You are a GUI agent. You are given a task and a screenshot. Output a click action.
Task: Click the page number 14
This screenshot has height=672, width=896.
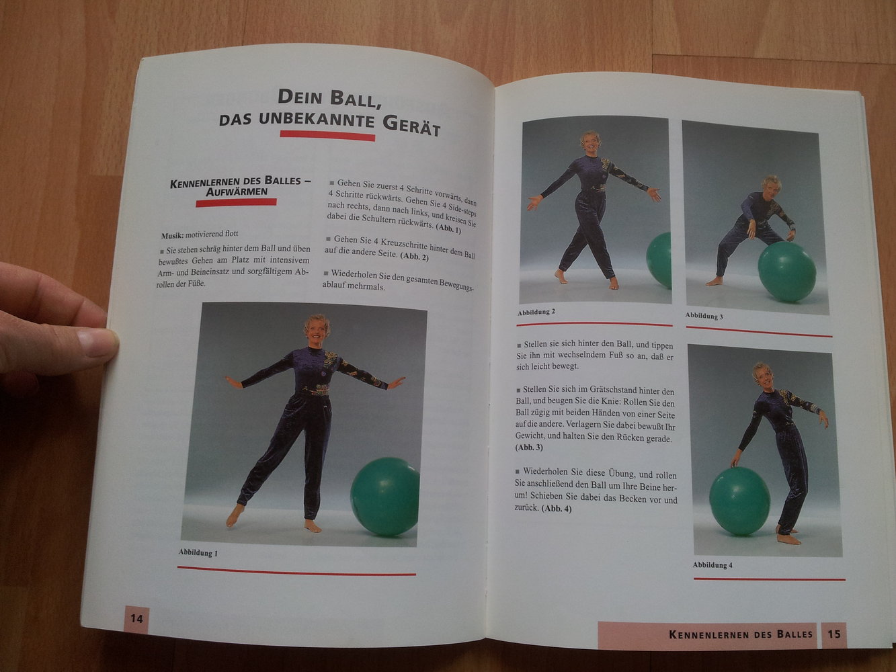coord(136,618)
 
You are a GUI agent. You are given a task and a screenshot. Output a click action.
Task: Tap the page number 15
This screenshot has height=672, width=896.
coord(833,634)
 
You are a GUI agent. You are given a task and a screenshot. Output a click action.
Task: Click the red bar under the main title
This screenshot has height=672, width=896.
coord(327,135)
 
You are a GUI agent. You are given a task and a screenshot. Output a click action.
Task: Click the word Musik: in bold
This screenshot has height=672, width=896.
coord(172,236)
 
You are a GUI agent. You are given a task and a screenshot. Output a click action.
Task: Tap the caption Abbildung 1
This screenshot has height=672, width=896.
coord(198,552)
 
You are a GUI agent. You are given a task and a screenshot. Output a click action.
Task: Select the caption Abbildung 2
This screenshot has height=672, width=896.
coord(536,312)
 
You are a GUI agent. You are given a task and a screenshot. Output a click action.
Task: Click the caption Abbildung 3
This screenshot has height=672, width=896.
coord(704,315)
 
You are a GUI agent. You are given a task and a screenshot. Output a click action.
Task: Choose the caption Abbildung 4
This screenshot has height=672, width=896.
coord(712,565)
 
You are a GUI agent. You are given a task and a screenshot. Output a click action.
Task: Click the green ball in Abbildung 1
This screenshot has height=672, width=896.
coord(384,496)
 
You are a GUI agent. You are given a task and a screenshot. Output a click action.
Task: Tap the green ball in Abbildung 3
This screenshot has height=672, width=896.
coord(786,271)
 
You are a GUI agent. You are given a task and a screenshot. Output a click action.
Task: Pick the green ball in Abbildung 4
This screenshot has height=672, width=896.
coord(739,501)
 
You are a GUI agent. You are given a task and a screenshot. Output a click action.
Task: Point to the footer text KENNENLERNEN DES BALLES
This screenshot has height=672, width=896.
coord(741,634)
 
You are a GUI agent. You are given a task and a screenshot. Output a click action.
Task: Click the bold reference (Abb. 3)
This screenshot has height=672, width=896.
coord(529,448)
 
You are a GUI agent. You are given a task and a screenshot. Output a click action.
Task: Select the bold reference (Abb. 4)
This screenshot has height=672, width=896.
coord(557,509)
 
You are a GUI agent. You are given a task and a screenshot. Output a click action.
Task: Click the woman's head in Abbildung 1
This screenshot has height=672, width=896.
coord(317,329)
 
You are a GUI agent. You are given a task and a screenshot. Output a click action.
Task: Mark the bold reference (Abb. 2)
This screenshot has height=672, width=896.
coord(414,257)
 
